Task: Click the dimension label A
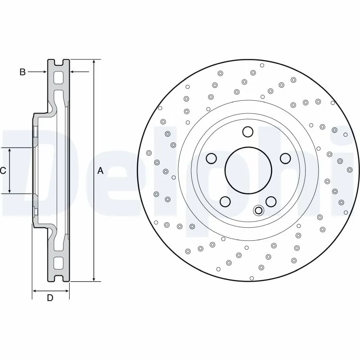coord(100,171)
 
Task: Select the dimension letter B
coord(22,72)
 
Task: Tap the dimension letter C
coord(3,171)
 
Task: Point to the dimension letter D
coord(50,297)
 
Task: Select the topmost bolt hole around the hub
coord(247,131)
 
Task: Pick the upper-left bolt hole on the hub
coord(211,158)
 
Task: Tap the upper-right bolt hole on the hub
coord(285,158)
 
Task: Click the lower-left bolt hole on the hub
coord(225,201)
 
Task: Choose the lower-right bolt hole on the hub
coord(270,201)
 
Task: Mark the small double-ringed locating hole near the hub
coord(258,210)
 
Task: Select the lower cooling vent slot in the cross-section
coord(59,263)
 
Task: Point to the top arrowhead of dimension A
coord(93,62)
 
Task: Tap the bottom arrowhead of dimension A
coord(93,279)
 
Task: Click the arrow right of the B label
coord(44,72)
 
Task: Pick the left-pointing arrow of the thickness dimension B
coord(73,72)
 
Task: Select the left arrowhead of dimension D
coord(35,291)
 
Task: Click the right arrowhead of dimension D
coord(67,291)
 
